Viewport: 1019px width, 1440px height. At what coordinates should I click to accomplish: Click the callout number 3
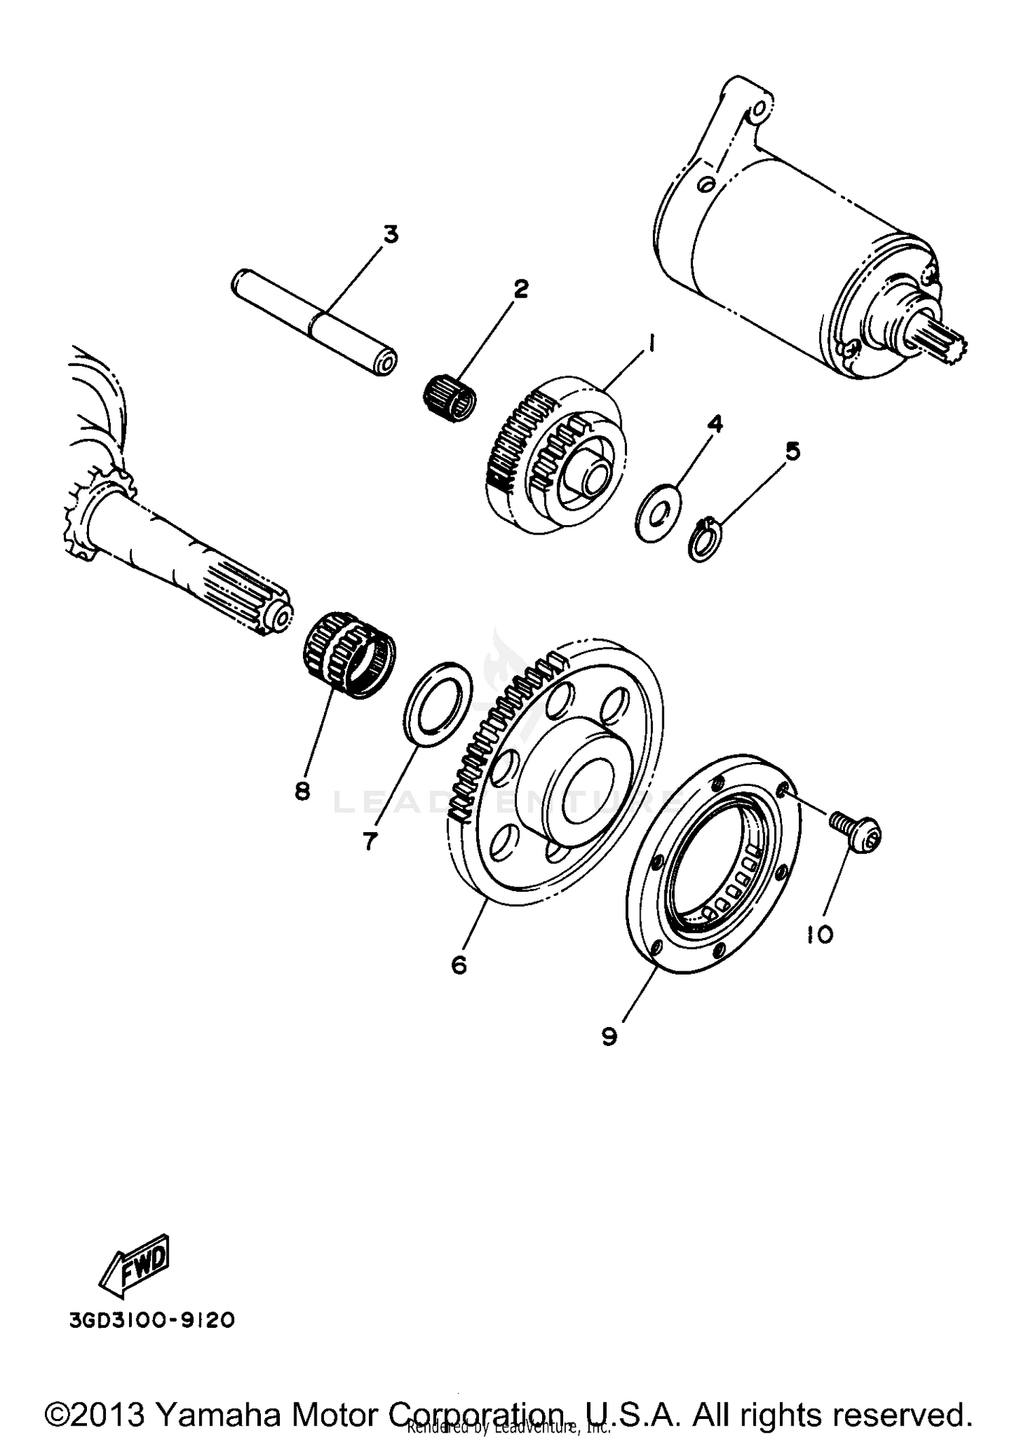[x=390, y=235]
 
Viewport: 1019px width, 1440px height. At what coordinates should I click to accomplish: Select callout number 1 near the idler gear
[x=650, y=345]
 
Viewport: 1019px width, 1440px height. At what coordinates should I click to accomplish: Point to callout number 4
[x=714, y=425]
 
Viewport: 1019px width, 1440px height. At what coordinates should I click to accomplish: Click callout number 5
[x=793, y=452]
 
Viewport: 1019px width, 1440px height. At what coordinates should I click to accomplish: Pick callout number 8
[x=302, y=791]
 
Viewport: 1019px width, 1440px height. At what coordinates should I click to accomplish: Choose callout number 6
[x=459, y=964]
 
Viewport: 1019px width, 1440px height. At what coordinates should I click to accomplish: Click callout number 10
[x=820, y=935]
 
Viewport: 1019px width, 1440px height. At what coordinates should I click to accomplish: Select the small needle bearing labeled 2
[x=449, y=399]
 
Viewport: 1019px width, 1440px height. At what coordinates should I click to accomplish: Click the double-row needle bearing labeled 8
[x=348, y=652]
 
